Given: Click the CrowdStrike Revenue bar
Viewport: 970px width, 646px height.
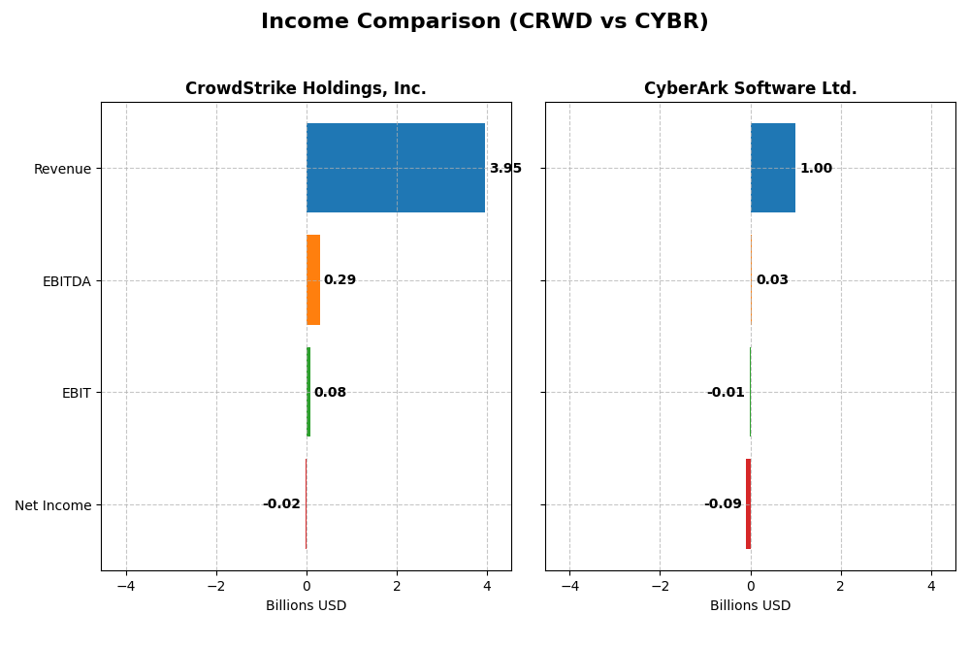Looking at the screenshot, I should tap(396, 168).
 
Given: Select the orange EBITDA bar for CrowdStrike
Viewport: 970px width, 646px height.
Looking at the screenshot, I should tap(313, 280).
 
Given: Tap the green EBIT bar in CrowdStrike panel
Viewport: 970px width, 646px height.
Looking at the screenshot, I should tap(308, 392).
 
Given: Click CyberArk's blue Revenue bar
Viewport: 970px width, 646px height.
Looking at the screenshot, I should tap(773, 168).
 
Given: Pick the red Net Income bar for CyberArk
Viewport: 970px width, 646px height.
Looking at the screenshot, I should tap(748, 503).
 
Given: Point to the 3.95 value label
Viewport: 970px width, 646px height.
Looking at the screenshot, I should tap(505, 169).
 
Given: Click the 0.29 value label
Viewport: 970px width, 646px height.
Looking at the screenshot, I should tap(339, 280).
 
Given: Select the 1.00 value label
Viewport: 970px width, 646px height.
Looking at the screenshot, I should tap(816, 169).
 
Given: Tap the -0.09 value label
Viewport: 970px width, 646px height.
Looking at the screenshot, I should tap(723, 504).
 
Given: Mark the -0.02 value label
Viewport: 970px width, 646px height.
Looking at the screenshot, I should tap(281, 504).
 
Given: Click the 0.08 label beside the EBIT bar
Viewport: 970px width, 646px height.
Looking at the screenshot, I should tap(330, 393).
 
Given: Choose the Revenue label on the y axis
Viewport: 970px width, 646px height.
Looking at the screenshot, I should tap(62, 170).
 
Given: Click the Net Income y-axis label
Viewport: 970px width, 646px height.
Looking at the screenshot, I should tap(53, 505).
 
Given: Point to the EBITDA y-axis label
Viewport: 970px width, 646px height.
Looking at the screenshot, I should tap(67, 281).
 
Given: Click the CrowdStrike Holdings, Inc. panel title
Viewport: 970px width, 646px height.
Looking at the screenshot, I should tap(306, 89).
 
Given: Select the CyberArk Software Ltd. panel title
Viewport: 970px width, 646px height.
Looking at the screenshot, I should tap(750, 89).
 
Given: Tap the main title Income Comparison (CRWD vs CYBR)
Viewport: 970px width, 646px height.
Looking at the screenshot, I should tap(484, 22).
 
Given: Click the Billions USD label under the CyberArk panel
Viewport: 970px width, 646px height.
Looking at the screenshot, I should tap(750, 606).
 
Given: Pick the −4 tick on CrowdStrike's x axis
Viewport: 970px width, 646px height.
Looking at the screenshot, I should tap(126, 586).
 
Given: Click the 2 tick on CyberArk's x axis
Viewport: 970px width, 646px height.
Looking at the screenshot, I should tap(841, 586).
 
